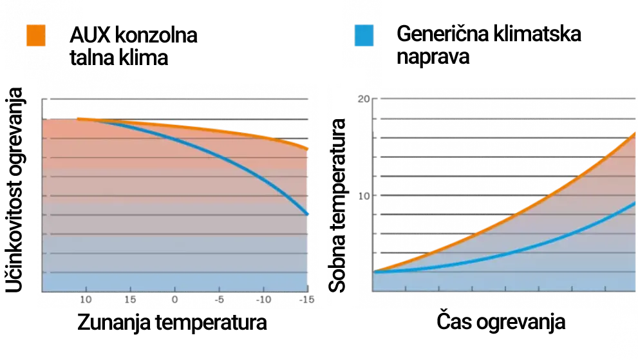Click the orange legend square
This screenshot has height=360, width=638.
(x=37, y=35)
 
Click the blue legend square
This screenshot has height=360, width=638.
(x=364, y=36)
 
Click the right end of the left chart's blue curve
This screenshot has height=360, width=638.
(x=308, y=213)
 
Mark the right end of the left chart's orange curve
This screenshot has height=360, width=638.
(x=308, y=148)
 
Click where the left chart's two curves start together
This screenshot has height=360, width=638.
(x=78, y=118)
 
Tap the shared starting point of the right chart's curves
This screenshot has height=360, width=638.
(x=374, y=271)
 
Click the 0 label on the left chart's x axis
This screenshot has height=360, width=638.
(x=174, y=300)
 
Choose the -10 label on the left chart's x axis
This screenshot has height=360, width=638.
(x=264, y=300)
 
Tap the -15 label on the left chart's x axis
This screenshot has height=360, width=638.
(x=307, y=300)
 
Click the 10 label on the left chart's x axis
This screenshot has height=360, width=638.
(x=85, y=300)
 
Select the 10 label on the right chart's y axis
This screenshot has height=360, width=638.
(x=364, y=194)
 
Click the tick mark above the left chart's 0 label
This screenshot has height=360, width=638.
(x=174, y=289)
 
